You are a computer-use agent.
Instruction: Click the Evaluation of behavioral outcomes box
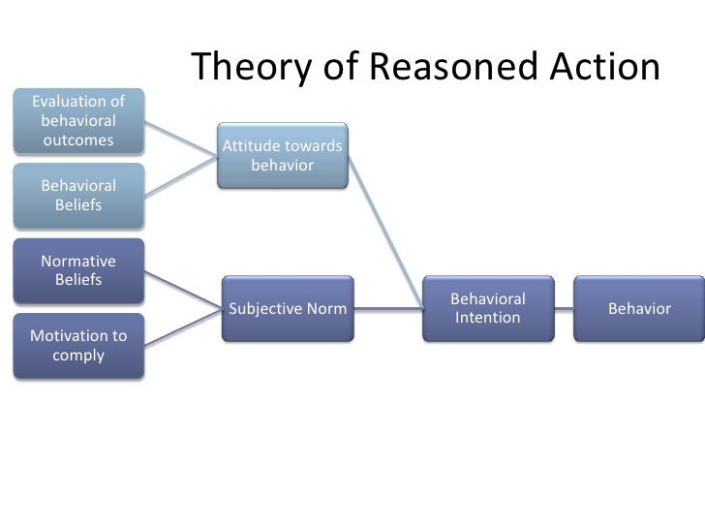pyautogui.click(x=78, y=121)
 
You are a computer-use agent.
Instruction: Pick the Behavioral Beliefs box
pyautogui.click(x=78, y=195)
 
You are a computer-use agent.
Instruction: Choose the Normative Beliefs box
pyautogui.click(x=78, y=270)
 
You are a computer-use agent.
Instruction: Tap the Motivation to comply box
pyautogui.click(x=78, y=346)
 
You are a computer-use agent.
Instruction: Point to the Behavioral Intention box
pyautogui.click(x=487, y=308)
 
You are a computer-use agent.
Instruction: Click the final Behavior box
pyautogui.click(x=639, y=308)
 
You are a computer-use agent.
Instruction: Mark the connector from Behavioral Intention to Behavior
pyautogui.click(x=564, y=309)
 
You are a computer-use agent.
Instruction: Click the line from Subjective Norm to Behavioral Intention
pyautogui.click(x=388, y=309)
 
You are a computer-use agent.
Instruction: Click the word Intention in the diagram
pyautogui.click(x=488, y=318)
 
